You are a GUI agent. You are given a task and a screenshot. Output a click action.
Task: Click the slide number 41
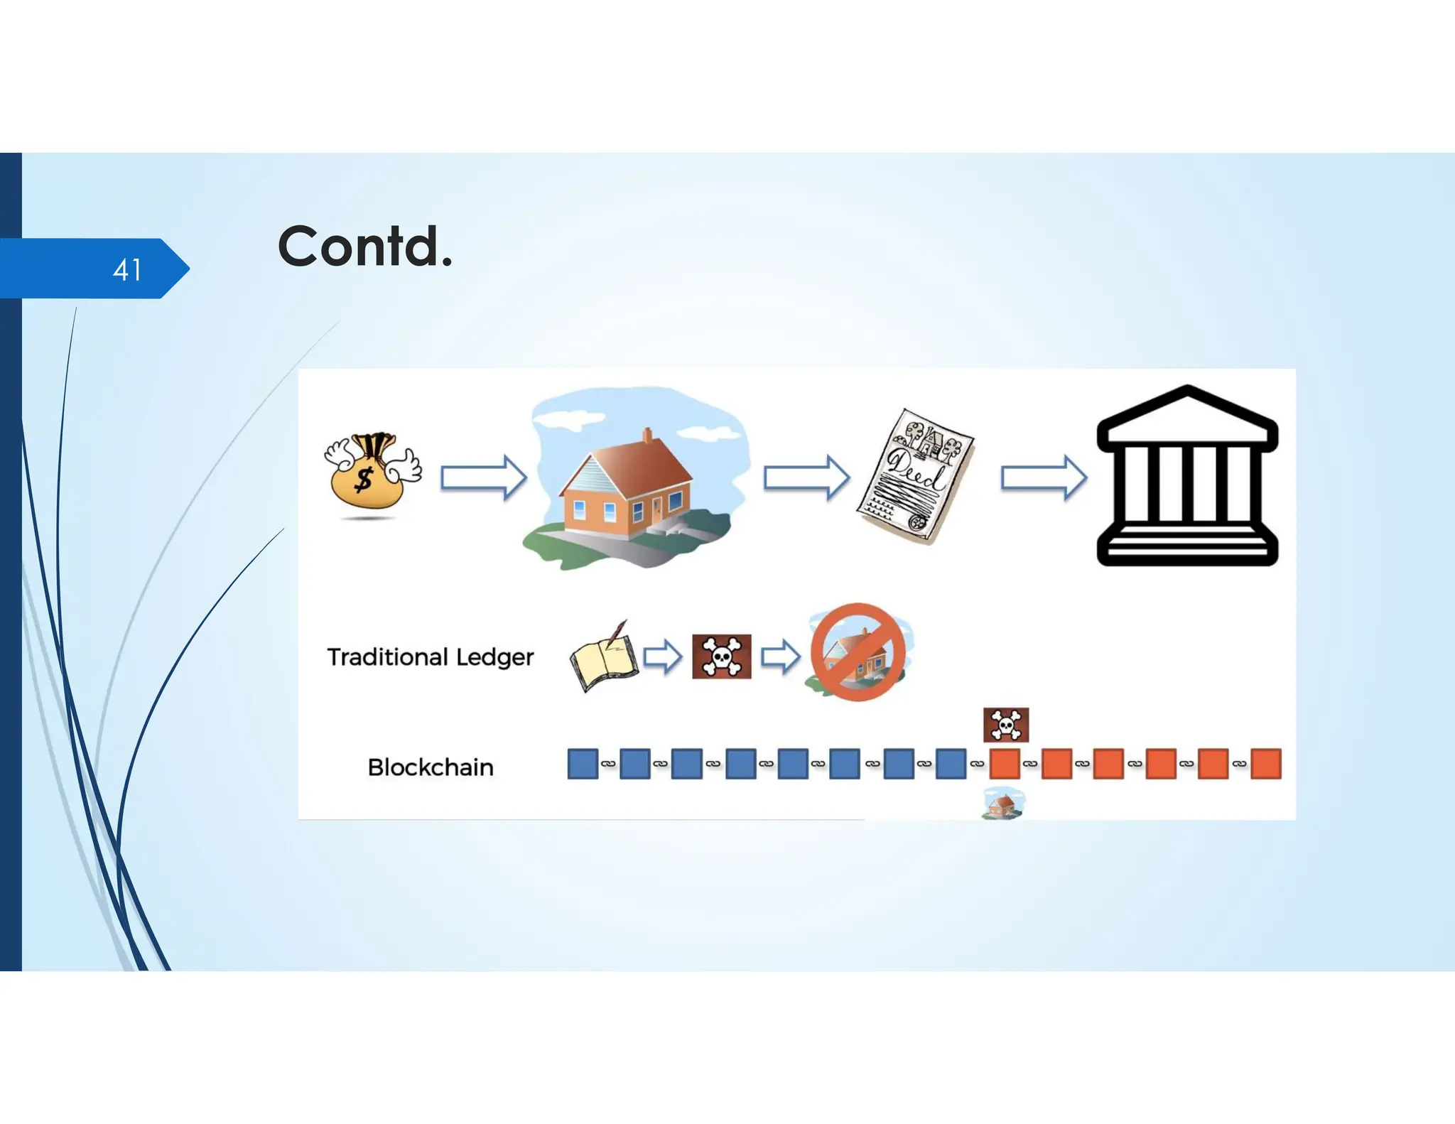(127, 270)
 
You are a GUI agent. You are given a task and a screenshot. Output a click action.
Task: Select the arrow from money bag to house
(483, 477)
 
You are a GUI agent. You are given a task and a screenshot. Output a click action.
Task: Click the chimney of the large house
(647, 435)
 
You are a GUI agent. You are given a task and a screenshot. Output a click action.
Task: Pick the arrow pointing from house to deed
(806, 477)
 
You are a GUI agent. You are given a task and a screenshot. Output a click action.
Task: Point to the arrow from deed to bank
(1043, 477)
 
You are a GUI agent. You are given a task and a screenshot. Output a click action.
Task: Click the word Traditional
(387, 657)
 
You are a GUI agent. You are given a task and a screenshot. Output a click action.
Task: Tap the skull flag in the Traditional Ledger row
(721, 656)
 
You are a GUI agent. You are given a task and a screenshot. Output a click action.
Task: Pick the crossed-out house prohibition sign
(858, 652)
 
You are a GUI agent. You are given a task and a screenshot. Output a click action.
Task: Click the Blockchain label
(431, 767)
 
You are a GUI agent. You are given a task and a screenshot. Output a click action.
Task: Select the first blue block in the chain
(583, 764)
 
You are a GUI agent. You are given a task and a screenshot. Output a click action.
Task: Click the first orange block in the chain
(1004, 764)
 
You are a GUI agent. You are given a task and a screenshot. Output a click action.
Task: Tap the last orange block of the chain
(1265, 764)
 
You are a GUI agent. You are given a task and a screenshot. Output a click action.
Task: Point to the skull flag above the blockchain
(1006, 725)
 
